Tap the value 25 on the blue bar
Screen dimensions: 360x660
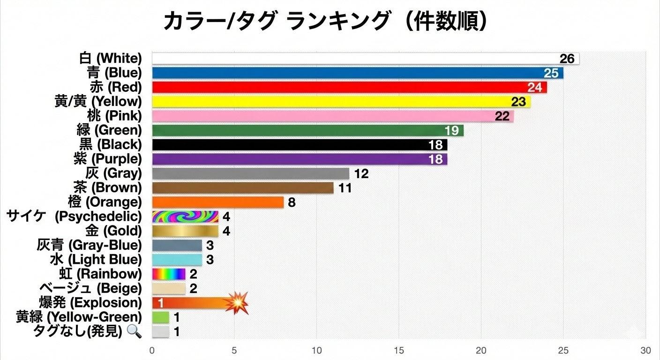pyautogui.click(x=552, y=73)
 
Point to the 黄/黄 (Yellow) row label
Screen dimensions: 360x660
pyautogui.click(x=98, y=101)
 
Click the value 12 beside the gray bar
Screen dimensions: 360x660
pyautogui.click(x=361, y=174)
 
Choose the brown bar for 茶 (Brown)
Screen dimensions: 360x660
pyautogui.click(x=242, y=188)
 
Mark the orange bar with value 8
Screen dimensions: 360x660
pyautogui.click(x=217, y=202)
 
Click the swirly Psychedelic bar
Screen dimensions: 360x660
pyautogui.click(x=185, y=217)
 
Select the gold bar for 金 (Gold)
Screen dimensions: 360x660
pyautogui.click(x=185, y=231)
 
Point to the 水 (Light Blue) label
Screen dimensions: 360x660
pyautogui.click(x=96, y=260)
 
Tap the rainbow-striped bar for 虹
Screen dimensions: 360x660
pyautogui.click(x=169, y=274)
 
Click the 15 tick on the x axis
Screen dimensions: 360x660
pyautogui.click(x=399, y=351)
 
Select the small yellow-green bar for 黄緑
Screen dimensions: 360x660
pyautogui.click(x=160, y=317)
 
